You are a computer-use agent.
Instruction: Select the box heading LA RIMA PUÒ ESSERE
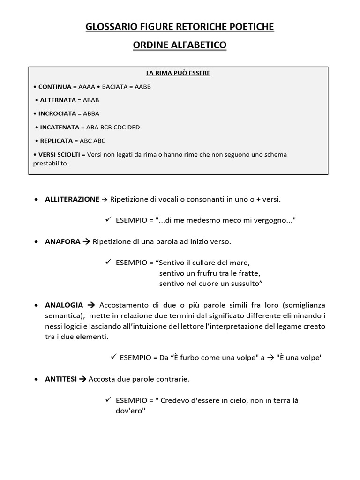(x=178, y=73)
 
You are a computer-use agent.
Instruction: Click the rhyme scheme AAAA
(x=87, y=87)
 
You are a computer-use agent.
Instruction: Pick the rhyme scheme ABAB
(x=91, y=100)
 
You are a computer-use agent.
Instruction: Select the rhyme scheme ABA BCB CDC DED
(x=113, y=127)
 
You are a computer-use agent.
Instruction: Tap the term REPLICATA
(x=56, y=141)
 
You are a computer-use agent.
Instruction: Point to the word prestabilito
(x=50, y=164)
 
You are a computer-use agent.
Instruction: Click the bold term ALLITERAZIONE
(x=72, y=199)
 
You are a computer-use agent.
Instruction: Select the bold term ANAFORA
(x=62, y=242)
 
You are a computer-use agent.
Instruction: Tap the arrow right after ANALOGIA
(x=91, y=305)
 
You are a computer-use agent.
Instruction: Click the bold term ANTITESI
(x=61, y=379)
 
